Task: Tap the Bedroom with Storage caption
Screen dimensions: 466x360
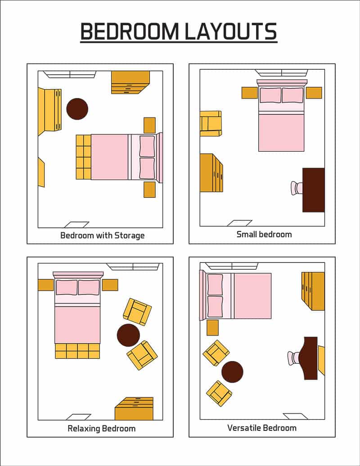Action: [x=102, y=235]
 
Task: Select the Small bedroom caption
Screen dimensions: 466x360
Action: [x=264, y=235]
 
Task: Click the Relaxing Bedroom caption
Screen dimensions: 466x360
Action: [x=101, y=428]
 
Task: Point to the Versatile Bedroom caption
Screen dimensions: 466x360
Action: [x=262, y=428]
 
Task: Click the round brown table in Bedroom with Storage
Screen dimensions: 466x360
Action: [x=77, y=109]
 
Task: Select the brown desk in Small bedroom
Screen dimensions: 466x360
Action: [x=314, y=190]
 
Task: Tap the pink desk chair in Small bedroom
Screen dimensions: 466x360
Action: [x=297, y=188]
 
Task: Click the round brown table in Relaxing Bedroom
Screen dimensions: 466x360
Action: [x=128, y=335]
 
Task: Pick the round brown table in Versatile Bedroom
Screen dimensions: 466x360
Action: [x=232, y=372]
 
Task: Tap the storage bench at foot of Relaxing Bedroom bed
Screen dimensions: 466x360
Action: [x=77, y=351]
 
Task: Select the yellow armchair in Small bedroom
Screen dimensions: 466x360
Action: [x=211, y=123]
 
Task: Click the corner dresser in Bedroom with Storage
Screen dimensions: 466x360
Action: [x=130, y=82]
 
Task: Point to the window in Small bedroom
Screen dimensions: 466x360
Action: [x=281, y=72]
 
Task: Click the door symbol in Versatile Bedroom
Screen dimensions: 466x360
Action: [x=295, y=416]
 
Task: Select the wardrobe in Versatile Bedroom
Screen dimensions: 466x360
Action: [x=314, y=291]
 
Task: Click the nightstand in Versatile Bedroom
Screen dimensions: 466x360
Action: [x=212, y=328]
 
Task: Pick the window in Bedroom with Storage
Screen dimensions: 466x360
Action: [x=70, y=74]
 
